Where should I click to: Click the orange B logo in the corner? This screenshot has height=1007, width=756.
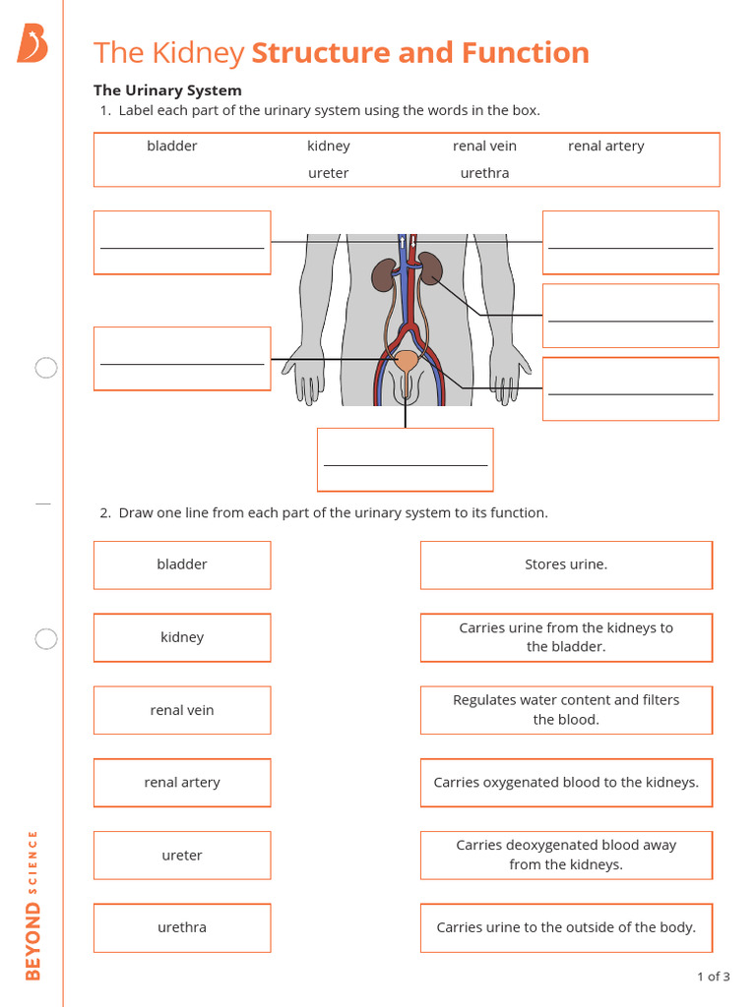click(x=31, y=44)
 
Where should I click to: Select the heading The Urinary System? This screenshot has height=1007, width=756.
click(x=167, y=90)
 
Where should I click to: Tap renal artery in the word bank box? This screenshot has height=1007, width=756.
click(x=605, y=146)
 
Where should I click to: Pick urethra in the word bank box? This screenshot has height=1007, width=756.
click(x=484, y=173)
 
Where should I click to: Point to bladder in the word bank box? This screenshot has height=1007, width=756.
click(x=172, y=146)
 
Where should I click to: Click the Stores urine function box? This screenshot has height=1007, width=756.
click(x=566, y=564)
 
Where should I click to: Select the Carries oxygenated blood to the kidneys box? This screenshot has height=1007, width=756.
click(x=566, y=783)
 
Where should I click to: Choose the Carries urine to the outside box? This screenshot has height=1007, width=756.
click(x=566, y=927)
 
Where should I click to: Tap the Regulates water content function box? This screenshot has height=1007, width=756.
click(x=566, y=710)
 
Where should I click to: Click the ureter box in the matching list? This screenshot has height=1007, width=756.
click(x=182, y=856)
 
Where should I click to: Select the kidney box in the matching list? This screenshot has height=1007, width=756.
click(x=182, y=637)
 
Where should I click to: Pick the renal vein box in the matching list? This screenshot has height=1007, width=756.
click(x=182, y=710)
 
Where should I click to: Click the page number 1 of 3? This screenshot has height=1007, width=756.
click(x=713, y=977)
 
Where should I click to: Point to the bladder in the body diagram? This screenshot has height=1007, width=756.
click(x=406, y=361)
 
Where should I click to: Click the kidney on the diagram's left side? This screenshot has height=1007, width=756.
click(x=383, y=275)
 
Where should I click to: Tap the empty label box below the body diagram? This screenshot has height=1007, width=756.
click(x=405, y=459)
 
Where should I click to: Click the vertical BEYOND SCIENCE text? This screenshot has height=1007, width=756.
click(x=32, y=905)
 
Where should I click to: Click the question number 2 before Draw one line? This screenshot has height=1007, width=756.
click(x=104, y=512)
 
